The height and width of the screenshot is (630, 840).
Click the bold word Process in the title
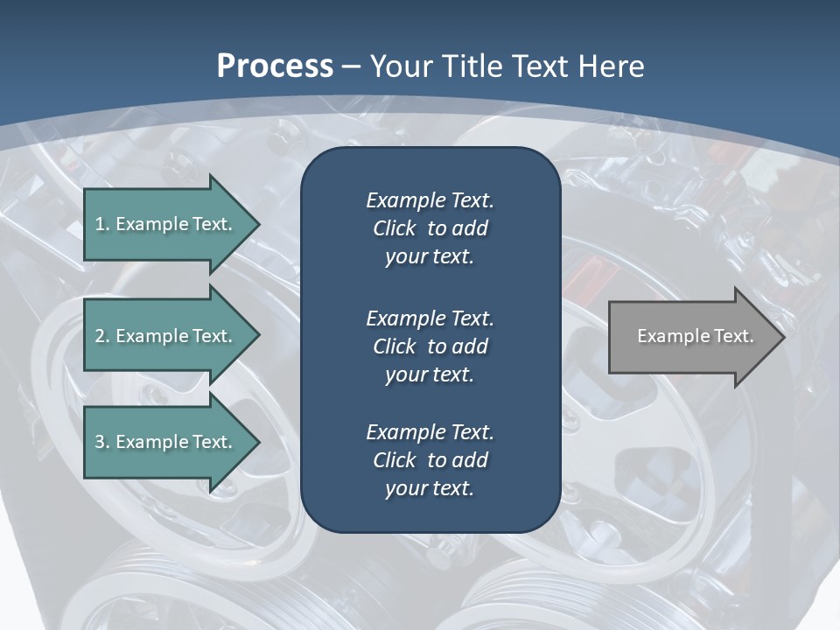coord(275,66)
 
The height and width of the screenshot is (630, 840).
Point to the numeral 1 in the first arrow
coord(100,224)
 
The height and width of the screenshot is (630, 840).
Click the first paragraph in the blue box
coord(430,228)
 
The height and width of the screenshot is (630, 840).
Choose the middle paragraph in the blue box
coord(430,346)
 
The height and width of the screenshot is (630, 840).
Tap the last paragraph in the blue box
coord(430,460)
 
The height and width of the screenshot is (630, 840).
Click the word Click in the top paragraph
coord(395,228)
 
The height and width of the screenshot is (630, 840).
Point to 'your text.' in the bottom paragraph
coord(430,488)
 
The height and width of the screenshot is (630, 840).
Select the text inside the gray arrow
coord(695,336)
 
